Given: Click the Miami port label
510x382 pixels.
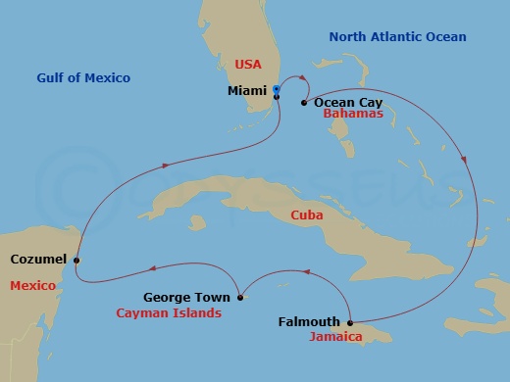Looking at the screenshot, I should click(246, 91).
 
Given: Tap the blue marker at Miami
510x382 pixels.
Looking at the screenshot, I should click(277, 90).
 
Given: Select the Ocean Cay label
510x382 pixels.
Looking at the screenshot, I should click(347, 101).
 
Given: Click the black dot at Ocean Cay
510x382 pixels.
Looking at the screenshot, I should click(304, 102).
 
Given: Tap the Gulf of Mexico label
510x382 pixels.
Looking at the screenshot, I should click(83, 77).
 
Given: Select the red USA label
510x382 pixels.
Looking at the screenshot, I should click(249, 65).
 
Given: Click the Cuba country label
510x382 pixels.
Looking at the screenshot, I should click(309, 215).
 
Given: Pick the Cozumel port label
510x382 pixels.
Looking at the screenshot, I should click(38, 260).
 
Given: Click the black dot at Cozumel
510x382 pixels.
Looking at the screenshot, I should click(76, 260).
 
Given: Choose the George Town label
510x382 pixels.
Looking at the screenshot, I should click(187, 297).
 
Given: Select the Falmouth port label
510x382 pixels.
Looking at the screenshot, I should click(309, 321).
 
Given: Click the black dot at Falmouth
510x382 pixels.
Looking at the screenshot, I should click(350, 321).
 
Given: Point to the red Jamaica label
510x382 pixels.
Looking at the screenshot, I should click(336, 337).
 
